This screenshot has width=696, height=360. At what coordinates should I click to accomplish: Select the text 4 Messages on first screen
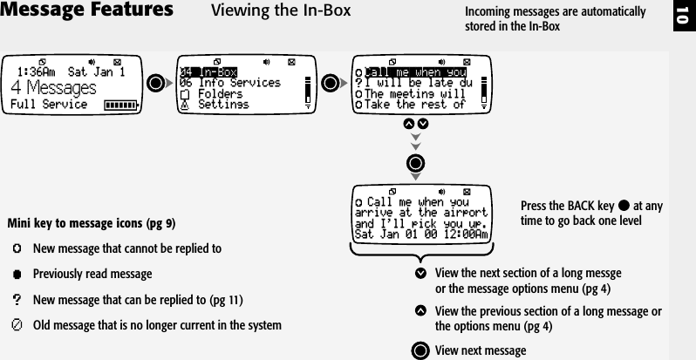point(53,88)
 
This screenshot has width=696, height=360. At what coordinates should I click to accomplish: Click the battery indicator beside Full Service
point(121,105)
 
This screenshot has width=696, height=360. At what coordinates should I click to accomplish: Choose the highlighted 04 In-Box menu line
point(208,71)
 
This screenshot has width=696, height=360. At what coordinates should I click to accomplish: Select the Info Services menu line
point(230,83)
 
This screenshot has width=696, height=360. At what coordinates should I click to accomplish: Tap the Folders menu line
point(217,93)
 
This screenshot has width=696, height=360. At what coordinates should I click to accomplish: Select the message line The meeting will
point(414,93)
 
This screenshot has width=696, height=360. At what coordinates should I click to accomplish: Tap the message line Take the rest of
point(414,105)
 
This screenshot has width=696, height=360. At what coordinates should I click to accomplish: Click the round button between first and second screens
point(157,84)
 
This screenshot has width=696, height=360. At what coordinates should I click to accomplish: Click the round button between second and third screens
point(331,84)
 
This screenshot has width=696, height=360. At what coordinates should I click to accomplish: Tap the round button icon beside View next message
point(420,350)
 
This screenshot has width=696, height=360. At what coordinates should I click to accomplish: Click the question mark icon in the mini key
point(17,299)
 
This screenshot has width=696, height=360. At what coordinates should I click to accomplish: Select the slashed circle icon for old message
point(17,325)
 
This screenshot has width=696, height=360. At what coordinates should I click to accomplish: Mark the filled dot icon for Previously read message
point(17,274)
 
